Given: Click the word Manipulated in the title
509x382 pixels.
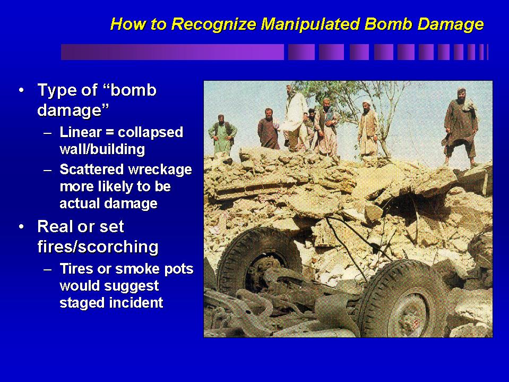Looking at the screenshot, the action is pos(310,24).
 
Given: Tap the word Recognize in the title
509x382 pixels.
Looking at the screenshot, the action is pos(214,24).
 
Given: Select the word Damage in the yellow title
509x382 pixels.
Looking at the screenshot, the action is pos(451,24).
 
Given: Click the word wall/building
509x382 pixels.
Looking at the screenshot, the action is pos(102,149).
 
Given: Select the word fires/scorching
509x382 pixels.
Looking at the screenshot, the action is pos(98,247).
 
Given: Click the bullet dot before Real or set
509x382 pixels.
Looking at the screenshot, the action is pos(21,227).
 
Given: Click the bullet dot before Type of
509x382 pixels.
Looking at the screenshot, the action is pos(21,90).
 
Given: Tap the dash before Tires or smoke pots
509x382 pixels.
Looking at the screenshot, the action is pos(47,269).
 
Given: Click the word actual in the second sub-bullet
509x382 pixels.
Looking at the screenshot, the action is pos(80,203).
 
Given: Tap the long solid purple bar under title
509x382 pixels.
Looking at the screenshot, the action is pos(172,52).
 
